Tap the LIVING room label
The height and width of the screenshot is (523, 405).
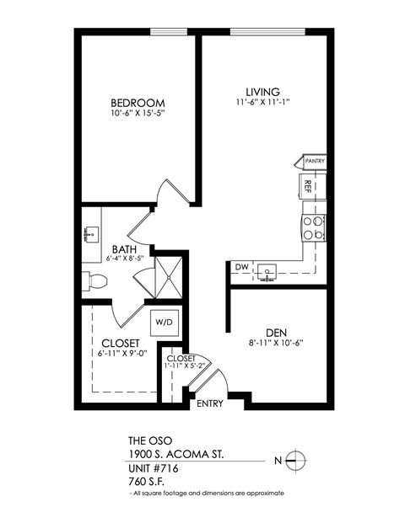pyautogui.click(x=262, y=92)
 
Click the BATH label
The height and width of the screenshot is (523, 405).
pyautogui.click(x=124, y=249)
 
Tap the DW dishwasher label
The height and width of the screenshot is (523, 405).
pyautogui.click(x=241, y=269)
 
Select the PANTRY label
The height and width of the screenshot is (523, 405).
pyautogui.click(x=315, y=161)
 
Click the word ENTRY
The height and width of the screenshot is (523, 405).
pyautogui.click(x=209, y=403)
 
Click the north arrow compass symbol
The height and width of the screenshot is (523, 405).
pyautogui.click(x=294, y=460)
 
